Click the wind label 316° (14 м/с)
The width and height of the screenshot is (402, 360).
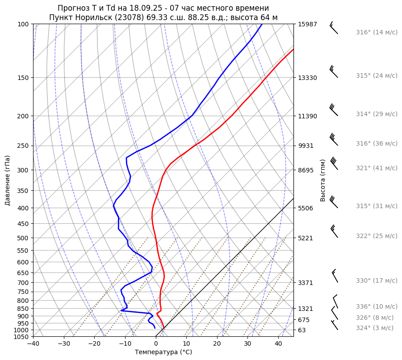tap(377, 32)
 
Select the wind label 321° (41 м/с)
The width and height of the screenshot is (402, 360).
tap(377, 168)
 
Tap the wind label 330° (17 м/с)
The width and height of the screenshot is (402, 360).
tap(377, 280)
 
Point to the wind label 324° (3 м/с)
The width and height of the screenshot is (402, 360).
tap(375, 328)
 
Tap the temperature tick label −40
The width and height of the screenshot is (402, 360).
tap(33, 344)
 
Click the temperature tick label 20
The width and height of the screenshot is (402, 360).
tap(217, 344)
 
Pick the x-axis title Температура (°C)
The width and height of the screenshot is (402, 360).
tap(163, 352)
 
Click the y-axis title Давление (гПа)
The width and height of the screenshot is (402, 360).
tap(8, 180)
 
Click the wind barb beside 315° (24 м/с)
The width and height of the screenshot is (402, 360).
tap(333, 71)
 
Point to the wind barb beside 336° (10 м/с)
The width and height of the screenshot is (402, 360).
tap(335, 301)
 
